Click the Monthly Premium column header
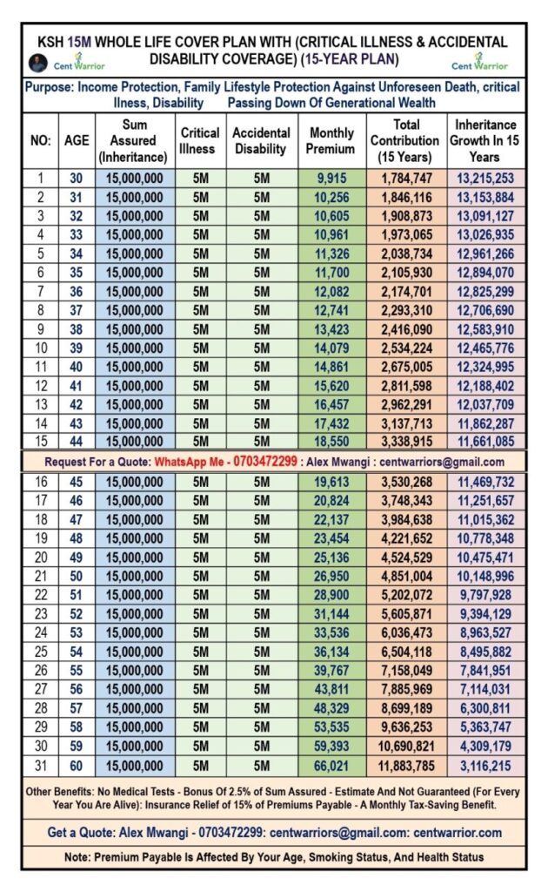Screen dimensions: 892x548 [331, 141]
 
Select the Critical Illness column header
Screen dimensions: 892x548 [200, 141]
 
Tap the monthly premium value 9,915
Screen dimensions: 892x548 [331, 179]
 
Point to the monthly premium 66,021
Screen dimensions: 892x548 [331, 766]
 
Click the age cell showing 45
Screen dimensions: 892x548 [77, 483]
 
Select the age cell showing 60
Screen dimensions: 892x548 [77, 766]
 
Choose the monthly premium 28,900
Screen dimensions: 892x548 [331, 596]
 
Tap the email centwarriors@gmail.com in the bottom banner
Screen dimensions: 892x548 [331, 833]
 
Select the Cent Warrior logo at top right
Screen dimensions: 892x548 [479, 64]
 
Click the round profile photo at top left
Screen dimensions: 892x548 [37, 63]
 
